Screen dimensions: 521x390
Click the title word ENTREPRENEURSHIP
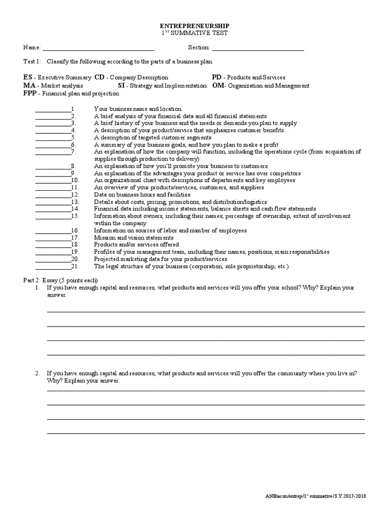[194, 25]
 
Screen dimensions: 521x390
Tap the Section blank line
[257, 50]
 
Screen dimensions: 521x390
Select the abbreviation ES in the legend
[28, 77]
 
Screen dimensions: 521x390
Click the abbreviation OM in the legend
[218, 85]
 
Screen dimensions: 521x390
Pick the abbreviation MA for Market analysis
[29, 85]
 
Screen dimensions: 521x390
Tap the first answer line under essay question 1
[206, 311]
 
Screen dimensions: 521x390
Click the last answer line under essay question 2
[206, 433]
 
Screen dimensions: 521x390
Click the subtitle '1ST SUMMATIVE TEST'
[194, 33]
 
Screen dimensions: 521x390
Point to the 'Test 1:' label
[33, 62]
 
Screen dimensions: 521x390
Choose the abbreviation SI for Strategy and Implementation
[121, 85]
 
